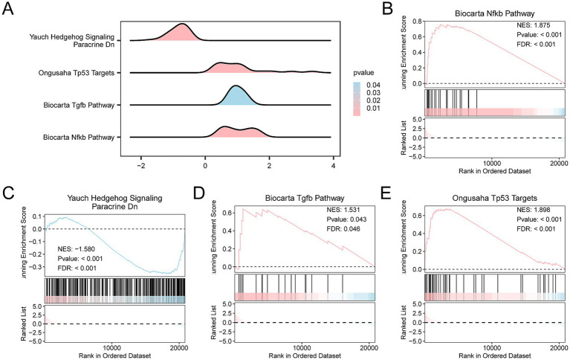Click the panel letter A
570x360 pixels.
[7, 8]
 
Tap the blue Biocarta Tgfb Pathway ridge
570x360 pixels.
[236, 96]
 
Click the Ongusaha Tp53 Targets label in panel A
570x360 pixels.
[77, 73]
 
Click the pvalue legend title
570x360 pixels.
[363, 73]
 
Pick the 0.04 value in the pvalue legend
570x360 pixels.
[373, 86]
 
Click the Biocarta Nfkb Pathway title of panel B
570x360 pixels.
[495, 13]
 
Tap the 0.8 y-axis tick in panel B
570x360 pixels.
[417, 21]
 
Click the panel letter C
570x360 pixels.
[8, 193]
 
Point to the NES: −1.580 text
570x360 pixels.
[76, 249]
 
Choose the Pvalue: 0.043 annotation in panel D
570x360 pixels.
[346, 219]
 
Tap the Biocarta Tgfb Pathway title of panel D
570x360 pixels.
[305, 199]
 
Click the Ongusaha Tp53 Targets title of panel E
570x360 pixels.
[494, 199]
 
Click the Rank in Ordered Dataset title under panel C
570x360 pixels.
[114, 356]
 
